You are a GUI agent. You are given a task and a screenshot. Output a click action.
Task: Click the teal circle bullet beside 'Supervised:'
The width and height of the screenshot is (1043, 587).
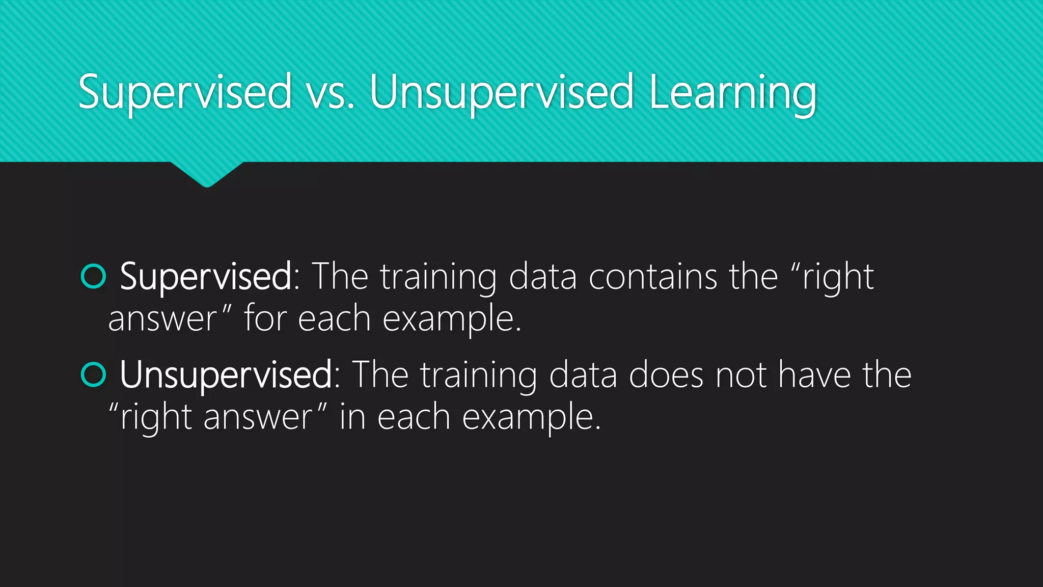pyautogui.click(x=93, y=277)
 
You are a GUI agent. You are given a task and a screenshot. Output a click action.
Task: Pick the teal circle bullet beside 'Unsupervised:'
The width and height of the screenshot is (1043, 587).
pyautogui.click(x=93, y=375)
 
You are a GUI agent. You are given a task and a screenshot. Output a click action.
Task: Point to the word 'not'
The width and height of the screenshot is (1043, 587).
pyautogui.click(x=741, y=375)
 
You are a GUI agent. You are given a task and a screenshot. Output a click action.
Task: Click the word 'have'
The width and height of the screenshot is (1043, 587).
pyautogui.click(x=814, y=375)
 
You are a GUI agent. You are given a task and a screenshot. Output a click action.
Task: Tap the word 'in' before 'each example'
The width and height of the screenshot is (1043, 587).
pyautogui.click(x=352, y=417)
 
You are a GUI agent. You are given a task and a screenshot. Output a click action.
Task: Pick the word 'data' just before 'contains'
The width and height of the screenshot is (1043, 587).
pyautogui.click(x=542, y=277)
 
